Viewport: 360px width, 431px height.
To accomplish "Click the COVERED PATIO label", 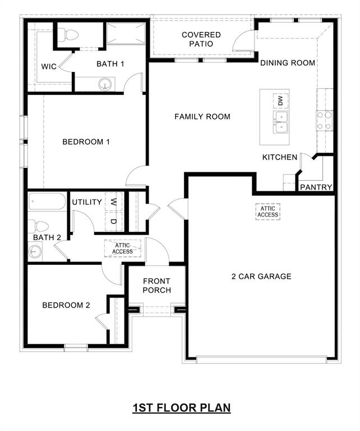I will (x=201, y=39).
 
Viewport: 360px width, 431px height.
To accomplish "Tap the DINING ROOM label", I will (x=288, y=63).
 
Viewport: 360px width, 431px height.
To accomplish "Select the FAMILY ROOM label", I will (x=202, y=117).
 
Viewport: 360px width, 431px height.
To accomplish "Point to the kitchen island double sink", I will (x=280, y=121).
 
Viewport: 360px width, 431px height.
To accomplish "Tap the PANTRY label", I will (x=317, y=187).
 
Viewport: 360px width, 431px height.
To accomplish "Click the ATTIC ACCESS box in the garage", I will (x=268, y=212).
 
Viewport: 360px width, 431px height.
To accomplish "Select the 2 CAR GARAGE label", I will (x=261, y=276).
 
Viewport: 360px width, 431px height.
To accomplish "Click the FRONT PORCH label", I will (x=157, y=286).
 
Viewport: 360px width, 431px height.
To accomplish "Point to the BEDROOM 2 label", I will (x=66, y=305).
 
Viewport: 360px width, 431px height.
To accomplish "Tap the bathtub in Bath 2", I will (x=48, y=201).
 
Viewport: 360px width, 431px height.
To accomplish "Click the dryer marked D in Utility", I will (x=114, y=221).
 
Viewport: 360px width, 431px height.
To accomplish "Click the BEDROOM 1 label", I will (x=86, y=141).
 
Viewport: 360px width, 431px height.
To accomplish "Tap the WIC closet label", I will (x=49, y=67).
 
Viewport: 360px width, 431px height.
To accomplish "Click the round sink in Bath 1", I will (x=104, y=85).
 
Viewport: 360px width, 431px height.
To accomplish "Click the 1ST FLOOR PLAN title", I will (x=182, y=407).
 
